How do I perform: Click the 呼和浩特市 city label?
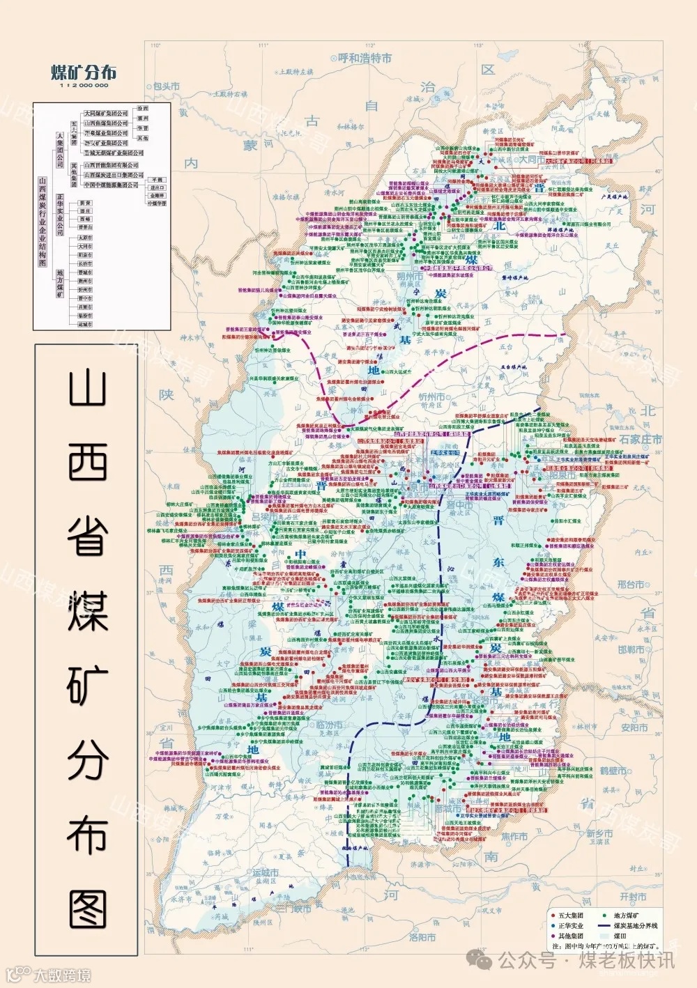[x=365, y=59]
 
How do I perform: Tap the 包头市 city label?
[x=166, y=86]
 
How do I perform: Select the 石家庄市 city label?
[x=641, y=440]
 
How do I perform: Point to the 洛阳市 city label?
[x=422, y=937]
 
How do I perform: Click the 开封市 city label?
[x=633, y=897]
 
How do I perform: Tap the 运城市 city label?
[x=266, y=873]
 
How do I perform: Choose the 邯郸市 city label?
[x=631, y=649]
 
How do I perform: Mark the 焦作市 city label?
[x=514, y=836]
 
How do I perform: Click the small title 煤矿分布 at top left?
[x=84, y=72]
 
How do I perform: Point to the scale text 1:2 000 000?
[x=84, y=86]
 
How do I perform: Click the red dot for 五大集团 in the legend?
[x=552, y=916]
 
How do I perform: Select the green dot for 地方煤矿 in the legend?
[x=604, y=916]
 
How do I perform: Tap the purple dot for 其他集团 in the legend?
[x=552, y=936]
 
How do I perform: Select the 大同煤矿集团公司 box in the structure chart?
[x=106, y=113]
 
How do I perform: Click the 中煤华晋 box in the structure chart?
[x=157, y=203]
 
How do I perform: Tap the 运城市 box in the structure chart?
[x=85, y=324]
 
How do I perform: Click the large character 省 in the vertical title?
[x=88, y=536]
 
